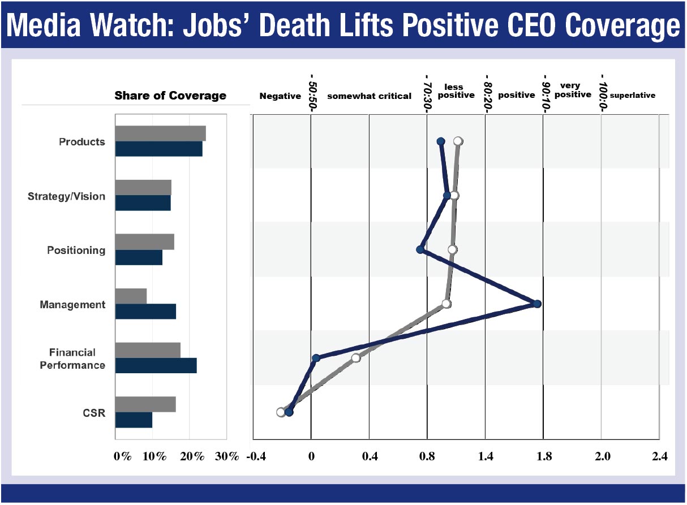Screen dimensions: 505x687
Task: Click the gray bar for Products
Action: pyautogui.click(x=160, y=133)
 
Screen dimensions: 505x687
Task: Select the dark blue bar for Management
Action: pyautogui.click(x=145, y=312)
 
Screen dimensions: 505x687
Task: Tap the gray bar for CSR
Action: pyautogui.click(x=145, y=404)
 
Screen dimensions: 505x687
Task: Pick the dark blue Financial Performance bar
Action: pyautogui.click(x=156, y=365)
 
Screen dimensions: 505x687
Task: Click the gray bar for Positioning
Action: pyautogui.click(x=144, y=241)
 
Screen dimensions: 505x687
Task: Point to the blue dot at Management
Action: pyautogui.click(x=537, y=304)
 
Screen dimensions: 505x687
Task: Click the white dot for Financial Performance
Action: pyautogui.click(x=355, y=358)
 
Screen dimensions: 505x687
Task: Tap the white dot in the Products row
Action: pyautogui.click(x=458, y=141)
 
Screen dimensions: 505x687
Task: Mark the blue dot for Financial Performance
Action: pyautogui.click(x=316, y=358)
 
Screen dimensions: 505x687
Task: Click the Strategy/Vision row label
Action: pyautogui.click(x=66, y=196)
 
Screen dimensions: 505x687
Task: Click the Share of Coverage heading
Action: pyautogui.click(x=170, y=96)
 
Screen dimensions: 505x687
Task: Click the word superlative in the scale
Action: pyautogui.click(x=632, y=96)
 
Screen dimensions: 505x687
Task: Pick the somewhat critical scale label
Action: pyautogui.click(x=369, y=96)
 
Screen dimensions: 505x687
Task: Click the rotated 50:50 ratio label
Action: pyautogui.click(x=312, y=87)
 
